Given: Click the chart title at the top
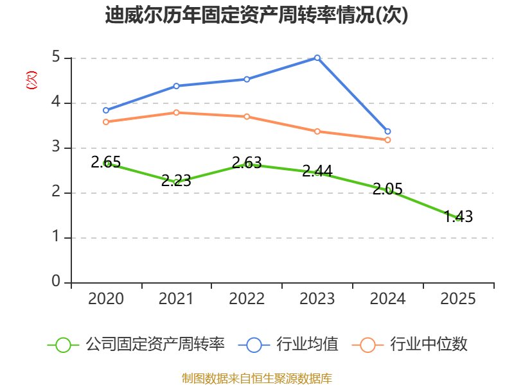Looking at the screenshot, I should tap(257, 15).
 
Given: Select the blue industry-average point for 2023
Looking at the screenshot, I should tap(317, 58).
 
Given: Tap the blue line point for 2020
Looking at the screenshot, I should tap(106, 110).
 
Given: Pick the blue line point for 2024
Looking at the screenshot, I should tap(387, 132).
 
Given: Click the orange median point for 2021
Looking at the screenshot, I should tap(176, 112).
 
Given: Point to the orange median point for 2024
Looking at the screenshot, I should tap(387, 140).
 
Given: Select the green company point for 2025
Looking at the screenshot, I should tap(458, 218).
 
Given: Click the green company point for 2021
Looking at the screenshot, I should tap(176, 182).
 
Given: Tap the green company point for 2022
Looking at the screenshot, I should tap(247, 164).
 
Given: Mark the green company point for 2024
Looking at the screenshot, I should tap(388, 190).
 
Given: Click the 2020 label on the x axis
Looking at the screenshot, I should tap(106, 299).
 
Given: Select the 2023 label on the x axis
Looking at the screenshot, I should tap(317, 299).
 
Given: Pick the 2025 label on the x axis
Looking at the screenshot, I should tap(458, 299).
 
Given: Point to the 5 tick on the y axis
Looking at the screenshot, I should tap(56, 58).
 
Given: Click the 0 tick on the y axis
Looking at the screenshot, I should tap(56, 282).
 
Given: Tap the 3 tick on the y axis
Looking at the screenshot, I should tap(56, 148).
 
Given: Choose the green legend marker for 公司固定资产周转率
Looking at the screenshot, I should tap(63, 345).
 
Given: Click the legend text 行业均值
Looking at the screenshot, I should tap(307, 345).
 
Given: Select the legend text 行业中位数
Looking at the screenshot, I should tap(429, 345).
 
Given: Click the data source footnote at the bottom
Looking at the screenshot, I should tap(257, 378).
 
